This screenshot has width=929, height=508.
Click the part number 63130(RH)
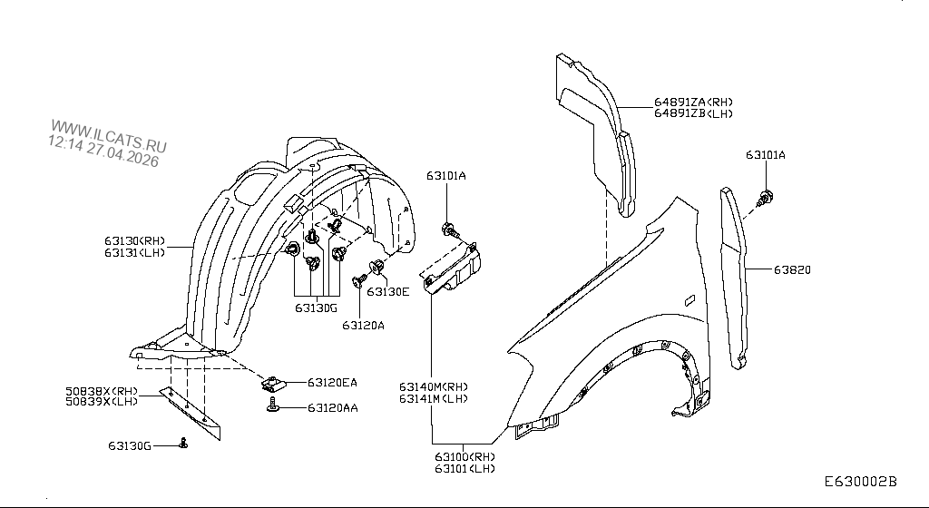coord(134,240)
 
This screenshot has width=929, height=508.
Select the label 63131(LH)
coord(134,253)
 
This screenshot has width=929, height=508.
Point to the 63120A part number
coord(364,324)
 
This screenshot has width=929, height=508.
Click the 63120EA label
coord(332,383)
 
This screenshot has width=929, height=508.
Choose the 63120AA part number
coord(332,408)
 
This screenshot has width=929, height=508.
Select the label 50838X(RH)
coord(101,392)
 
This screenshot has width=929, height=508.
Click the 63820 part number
coord(792,269)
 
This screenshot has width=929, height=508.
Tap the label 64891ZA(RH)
coord(693,102)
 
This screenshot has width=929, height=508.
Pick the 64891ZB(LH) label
coord(693,113)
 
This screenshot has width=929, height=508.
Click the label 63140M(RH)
coord(434,386)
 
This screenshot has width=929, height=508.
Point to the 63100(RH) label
coord(464,456)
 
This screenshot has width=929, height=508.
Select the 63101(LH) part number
coord(464,468)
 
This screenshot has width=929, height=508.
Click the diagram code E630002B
coord(860,483)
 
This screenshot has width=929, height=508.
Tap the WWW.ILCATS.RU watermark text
coord(109,136)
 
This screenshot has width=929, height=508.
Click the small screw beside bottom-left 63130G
coord(184,443)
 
